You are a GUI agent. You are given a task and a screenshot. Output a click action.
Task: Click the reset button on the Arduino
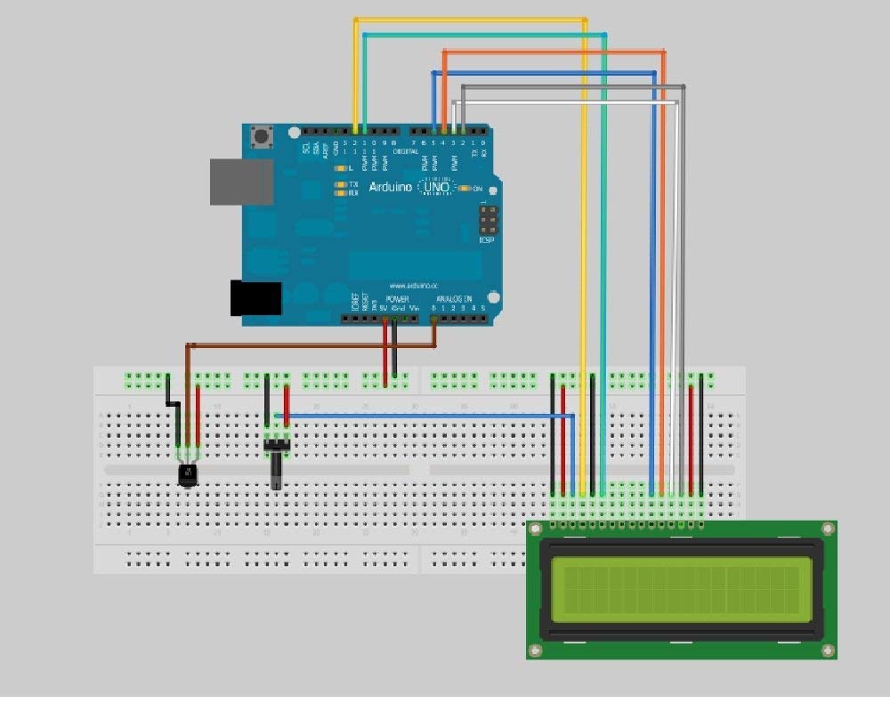point(263,137)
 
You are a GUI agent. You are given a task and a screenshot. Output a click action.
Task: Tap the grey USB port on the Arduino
point(241,182)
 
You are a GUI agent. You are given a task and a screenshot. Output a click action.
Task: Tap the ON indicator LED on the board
point(463,189)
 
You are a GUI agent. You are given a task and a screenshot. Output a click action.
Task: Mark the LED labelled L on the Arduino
point(339,168)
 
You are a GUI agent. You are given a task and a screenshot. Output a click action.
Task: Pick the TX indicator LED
point(339,184)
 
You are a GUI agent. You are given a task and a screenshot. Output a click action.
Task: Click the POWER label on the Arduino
point(397,299)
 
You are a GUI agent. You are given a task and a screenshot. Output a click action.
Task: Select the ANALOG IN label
point(454,299)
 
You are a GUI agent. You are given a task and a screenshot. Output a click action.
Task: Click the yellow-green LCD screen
point(681,589)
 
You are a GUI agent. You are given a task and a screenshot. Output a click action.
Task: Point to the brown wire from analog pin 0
point(311,345)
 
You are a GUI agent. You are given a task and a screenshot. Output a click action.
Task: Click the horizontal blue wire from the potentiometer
point(427,416)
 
